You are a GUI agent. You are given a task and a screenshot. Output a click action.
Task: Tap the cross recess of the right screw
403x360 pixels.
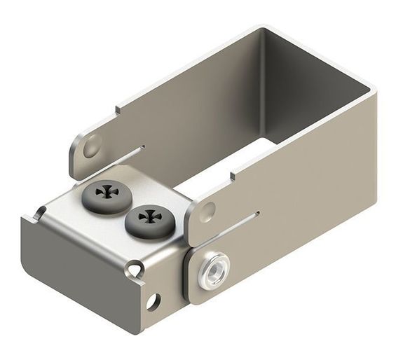point(149,218)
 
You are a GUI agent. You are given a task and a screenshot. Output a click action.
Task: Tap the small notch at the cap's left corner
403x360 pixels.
point(40,211)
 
